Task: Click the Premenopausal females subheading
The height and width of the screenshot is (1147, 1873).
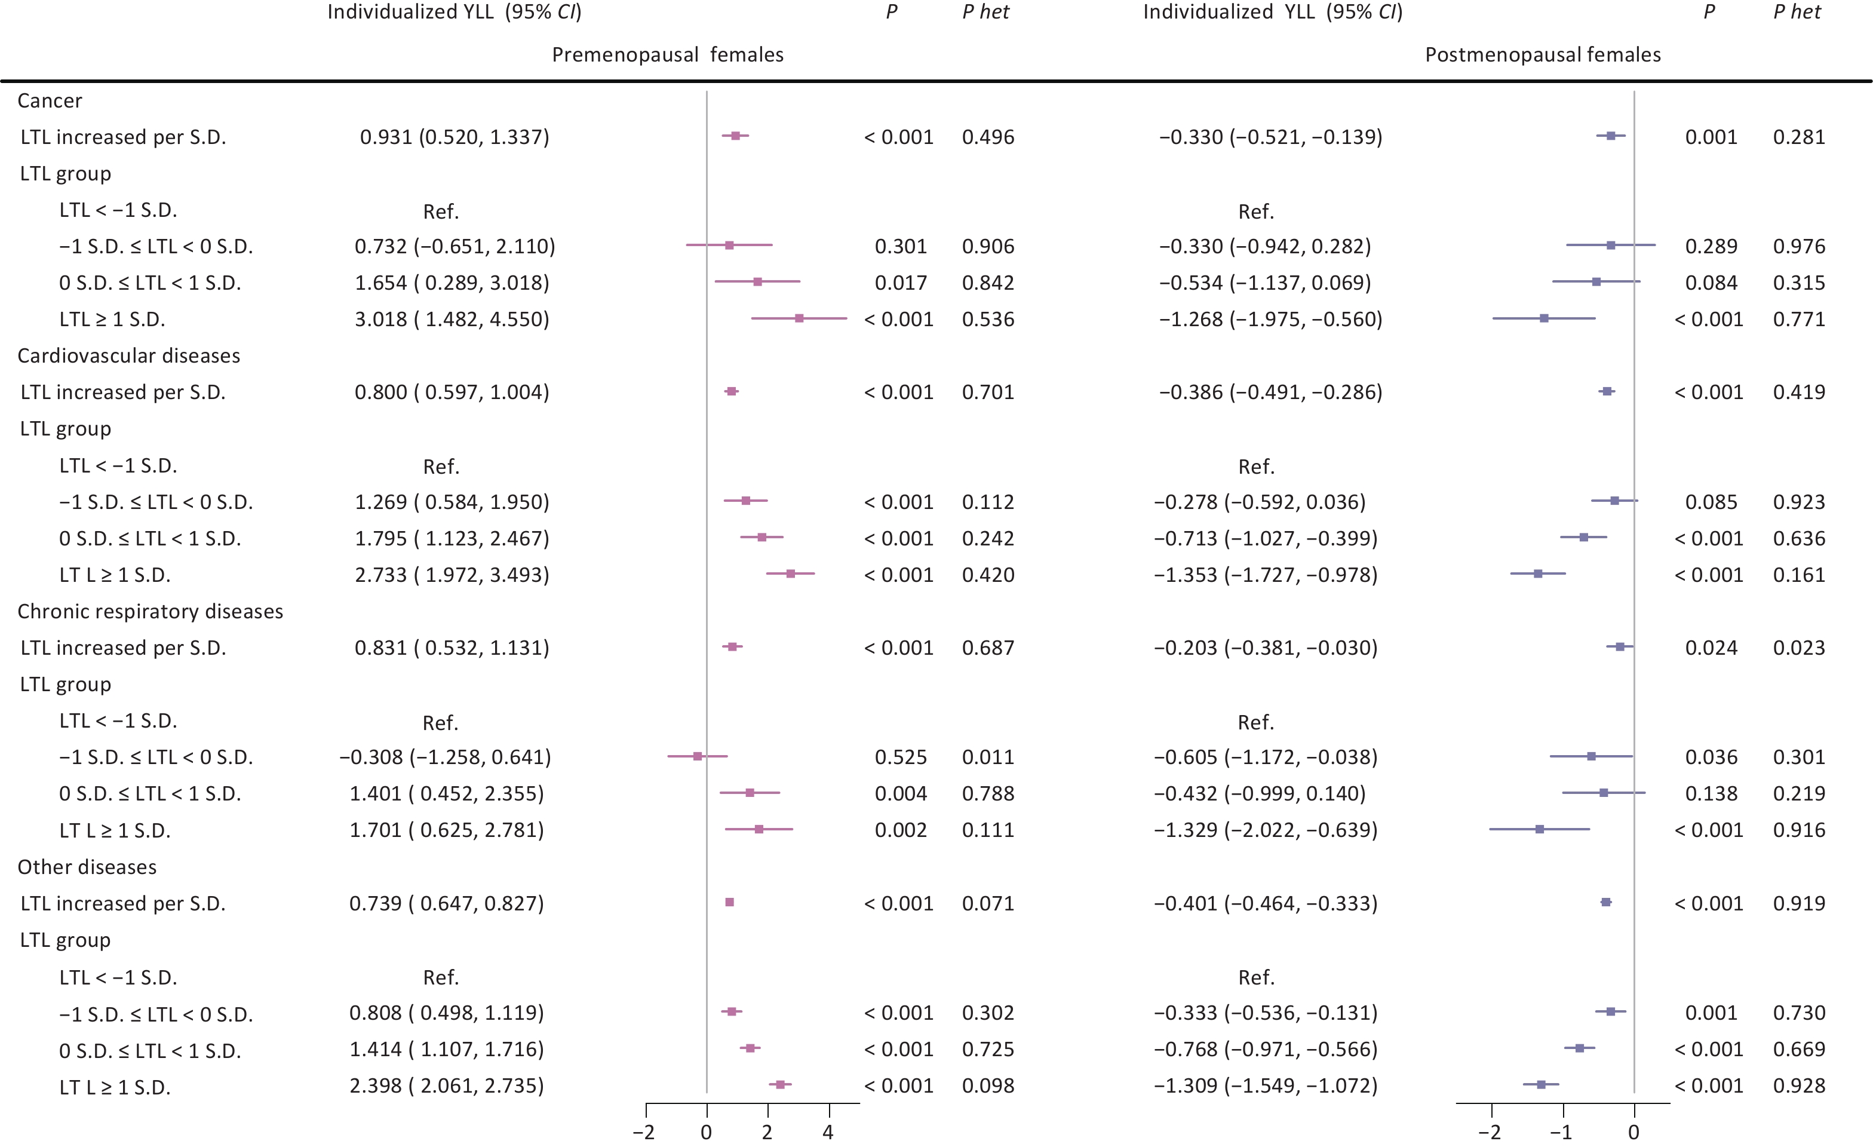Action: point(667,55)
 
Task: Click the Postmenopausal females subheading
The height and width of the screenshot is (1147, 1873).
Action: point(1542,55)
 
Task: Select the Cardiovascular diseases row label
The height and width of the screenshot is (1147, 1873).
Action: point(128,355)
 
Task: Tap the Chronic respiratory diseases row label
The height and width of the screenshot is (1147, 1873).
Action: point(150,611)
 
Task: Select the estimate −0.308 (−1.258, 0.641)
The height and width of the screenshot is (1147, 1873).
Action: point(445,757)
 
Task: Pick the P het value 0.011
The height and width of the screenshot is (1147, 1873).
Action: point(987,757)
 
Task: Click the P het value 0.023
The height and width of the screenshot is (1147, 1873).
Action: point(1798,648)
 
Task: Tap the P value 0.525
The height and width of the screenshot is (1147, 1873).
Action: point(900,757)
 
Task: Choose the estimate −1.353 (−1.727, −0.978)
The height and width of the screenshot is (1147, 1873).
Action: point(1265,575)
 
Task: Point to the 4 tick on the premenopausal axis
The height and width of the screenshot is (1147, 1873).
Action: point(828,1133)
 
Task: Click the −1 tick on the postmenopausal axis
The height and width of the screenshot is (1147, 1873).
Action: point(1562,1133)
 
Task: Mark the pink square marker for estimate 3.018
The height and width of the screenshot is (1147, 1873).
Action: point(799,318)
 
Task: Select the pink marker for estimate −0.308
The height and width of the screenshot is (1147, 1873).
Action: point(697,756)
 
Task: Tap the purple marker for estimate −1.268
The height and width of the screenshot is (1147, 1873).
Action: point(1544,318)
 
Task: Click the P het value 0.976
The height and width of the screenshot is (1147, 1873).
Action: point(1798,246)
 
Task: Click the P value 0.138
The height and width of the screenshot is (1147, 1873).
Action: point(1711,793)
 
